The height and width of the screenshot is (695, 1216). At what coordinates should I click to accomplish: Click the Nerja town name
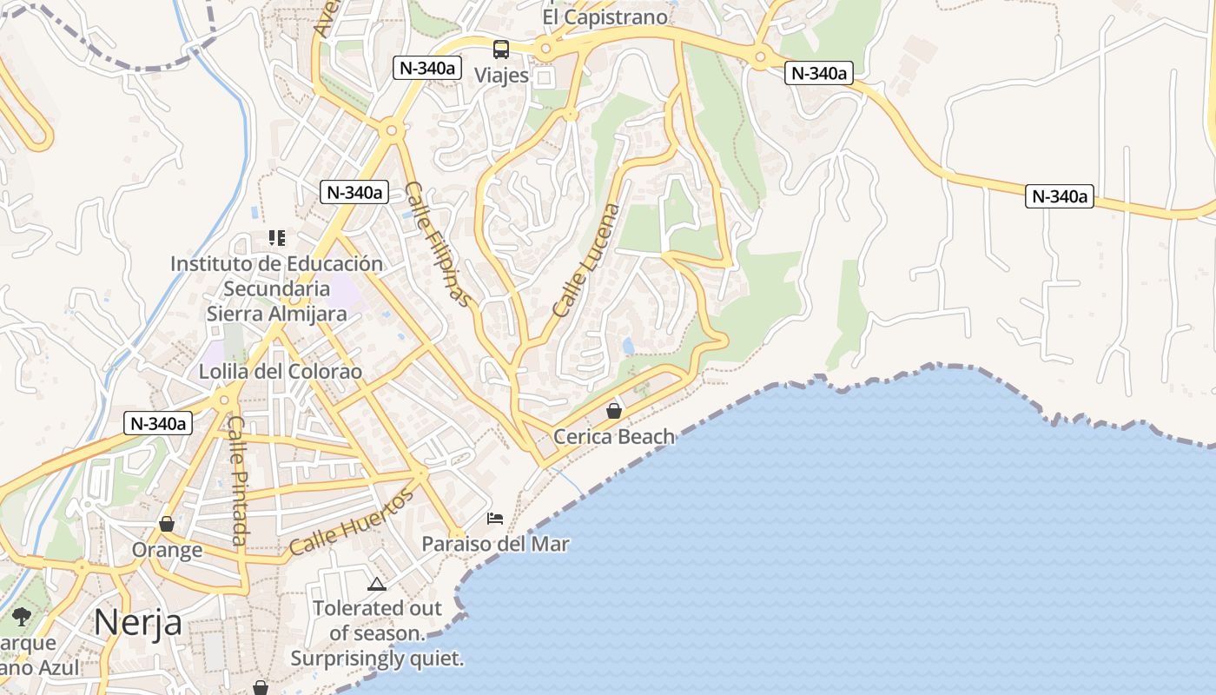(137, 622)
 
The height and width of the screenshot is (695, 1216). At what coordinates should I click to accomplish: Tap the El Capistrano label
(605, 17)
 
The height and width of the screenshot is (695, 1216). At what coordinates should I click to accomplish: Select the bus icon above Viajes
(501, 50)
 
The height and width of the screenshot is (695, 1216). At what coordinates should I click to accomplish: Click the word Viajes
(501, 76)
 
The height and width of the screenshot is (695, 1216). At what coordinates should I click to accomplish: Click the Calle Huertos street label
(352, 521)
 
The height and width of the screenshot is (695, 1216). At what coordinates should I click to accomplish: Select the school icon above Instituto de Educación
(277, 237)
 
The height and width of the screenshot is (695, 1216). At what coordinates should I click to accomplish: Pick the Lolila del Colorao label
(280, 372)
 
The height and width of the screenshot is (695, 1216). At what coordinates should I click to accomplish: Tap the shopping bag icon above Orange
(167, 525)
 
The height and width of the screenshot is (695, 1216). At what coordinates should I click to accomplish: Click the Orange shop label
(167, 550)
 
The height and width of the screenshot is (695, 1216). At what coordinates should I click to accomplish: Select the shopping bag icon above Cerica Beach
(614, 411)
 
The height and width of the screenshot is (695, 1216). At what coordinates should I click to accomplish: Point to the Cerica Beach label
(614, 436)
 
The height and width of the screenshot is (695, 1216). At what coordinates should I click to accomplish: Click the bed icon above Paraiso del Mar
(495, 519)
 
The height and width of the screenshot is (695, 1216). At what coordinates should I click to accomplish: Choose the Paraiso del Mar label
(495, 544)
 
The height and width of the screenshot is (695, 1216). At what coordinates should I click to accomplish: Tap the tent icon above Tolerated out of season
(376, 584)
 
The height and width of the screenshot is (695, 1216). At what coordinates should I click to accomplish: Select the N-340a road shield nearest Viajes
(426, 69)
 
